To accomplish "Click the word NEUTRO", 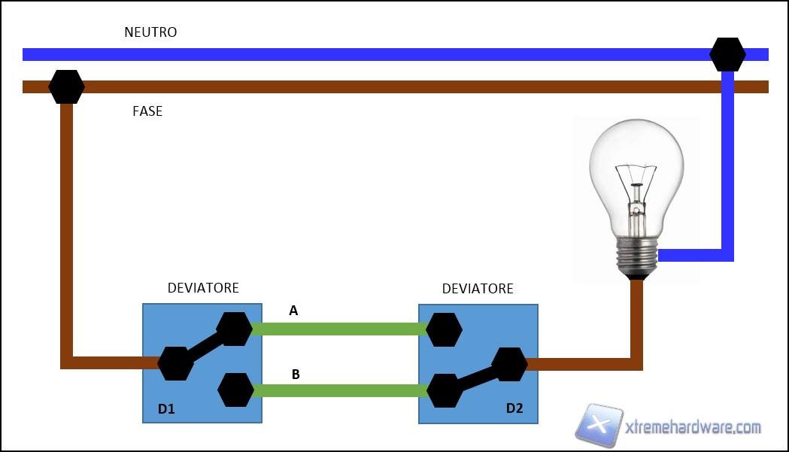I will (150, 32).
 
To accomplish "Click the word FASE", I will (147, 111).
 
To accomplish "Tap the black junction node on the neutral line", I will (727, 54).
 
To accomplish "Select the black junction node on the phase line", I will (66, 86).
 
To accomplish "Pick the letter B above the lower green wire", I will (296, 373).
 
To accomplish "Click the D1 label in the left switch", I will (166, 409).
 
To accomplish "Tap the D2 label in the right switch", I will (514, 408).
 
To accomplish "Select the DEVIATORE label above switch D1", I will (203, 288).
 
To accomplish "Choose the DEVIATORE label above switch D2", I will (478, 289).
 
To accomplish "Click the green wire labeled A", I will (338, 329).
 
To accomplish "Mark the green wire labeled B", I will (338, 390).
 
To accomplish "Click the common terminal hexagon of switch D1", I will (175, 364).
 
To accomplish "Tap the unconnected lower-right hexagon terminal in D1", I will (235, 390).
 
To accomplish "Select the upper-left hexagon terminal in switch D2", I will (443, 329).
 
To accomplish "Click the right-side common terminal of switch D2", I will (509, 364).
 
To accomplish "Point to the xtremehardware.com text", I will (693, 427).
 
